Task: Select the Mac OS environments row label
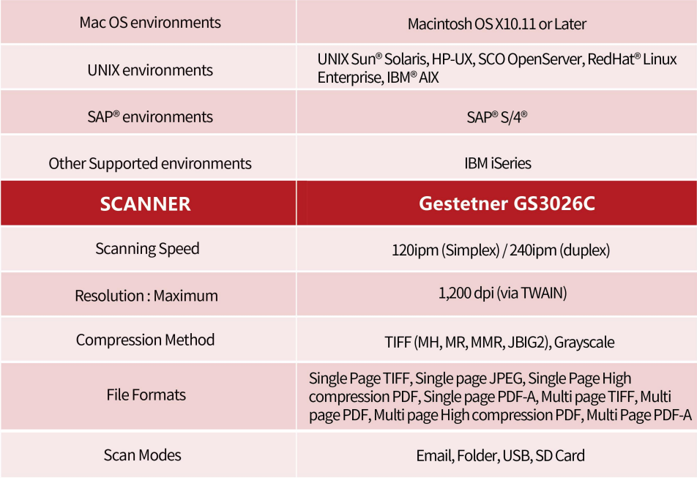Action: (150, 23)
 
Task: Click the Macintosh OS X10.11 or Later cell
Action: (497, 24)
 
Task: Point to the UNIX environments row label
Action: (150, 70)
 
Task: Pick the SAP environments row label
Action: (150, 117)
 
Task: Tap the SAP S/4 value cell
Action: (497, 117)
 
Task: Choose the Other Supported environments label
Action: (150, 163)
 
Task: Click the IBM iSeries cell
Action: (498, 163)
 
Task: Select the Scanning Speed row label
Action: (147, 249)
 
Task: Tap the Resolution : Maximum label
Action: (146, 296)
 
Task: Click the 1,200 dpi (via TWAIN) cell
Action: (503, 294)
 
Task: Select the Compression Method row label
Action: (146, 340)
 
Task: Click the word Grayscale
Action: (584, 343)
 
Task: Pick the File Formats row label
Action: (146, 395)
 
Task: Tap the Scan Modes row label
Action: (142, 455)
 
